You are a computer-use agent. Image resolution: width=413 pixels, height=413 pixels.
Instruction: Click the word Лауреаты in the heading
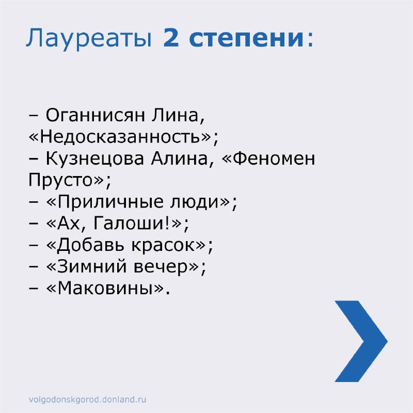89,39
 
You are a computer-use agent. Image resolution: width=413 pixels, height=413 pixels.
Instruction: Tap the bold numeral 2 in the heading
171,37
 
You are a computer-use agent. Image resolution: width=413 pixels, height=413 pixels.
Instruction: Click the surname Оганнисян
96,116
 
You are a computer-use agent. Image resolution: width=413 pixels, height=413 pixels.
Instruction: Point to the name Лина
178,116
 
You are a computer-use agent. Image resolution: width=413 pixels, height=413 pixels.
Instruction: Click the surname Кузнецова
95,158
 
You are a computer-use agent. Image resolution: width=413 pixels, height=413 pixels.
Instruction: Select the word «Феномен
268,158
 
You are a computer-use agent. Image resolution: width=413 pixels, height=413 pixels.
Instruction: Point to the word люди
195,202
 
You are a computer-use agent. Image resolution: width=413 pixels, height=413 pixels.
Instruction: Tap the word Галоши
129,224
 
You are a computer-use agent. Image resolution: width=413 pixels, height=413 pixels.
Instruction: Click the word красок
163,246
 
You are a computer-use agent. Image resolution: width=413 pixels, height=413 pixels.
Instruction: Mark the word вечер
161,267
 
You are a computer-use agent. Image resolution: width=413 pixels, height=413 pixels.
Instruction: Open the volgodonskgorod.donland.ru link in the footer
87,399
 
